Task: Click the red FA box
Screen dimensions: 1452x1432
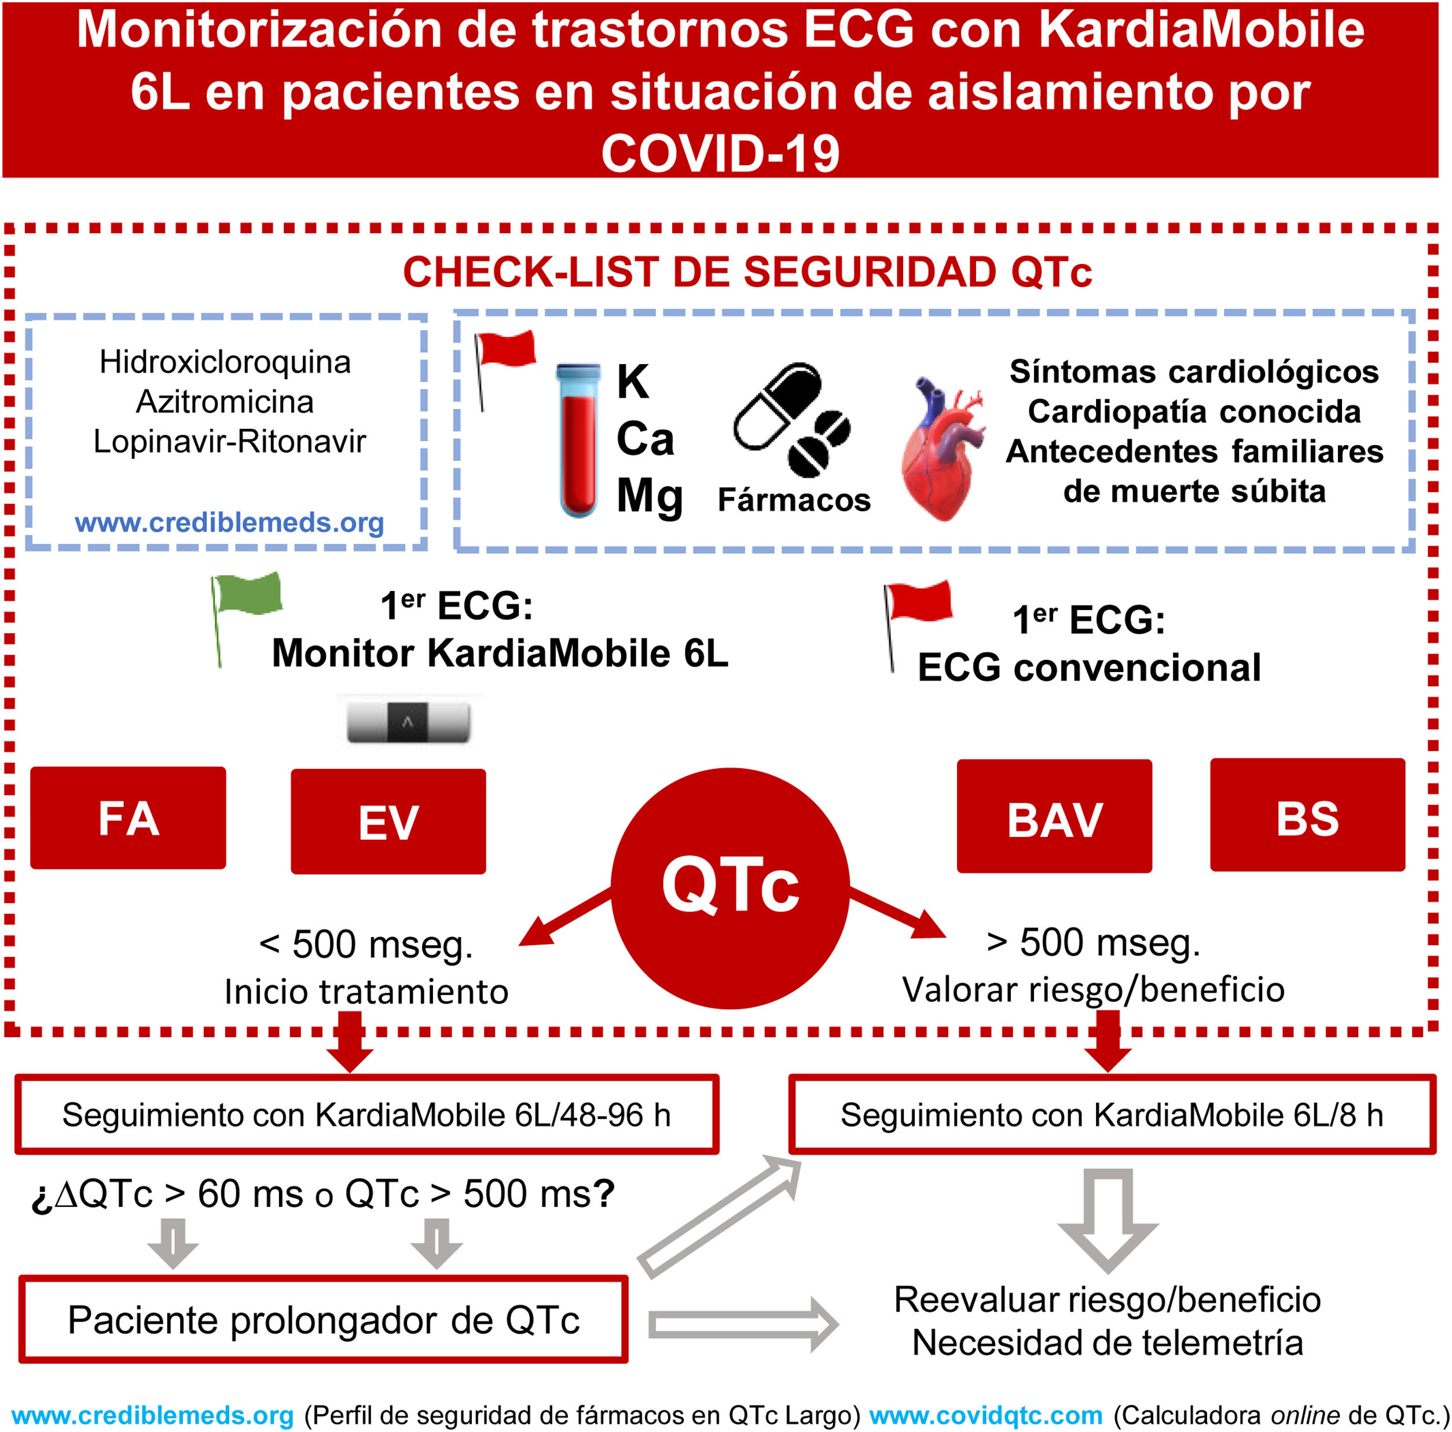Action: pyautogui.click(x=128, y=817)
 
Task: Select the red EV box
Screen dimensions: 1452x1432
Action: pyautogui.click(x=388, y=821)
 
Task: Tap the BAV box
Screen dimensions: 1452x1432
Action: pyautogui.click(x=1054, y=817)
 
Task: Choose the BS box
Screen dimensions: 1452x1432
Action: pyautogui.click(x=1307, y=815)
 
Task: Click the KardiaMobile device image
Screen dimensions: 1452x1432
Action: pyautogui.click(x=408, y=722)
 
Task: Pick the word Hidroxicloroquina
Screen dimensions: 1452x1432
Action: pyautogui.click(x=225, y=362)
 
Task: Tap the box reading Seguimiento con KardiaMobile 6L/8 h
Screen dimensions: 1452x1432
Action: pyautogui.click(x=1112, y=1115)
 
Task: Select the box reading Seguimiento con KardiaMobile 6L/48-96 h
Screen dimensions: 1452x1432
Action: pyautogui.click(x=366, y=1115)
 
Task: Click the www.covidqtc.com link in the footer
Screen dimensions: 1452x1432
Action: pyautogui.click(x=985, y=1415)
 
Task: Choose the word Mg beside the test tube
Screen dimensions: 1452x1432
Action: pyautogui.click(x=650, y=496)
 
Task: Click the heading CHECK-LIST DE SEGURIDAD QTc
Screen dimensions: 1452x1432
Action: pyautogui.click(x=747, y=272)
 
